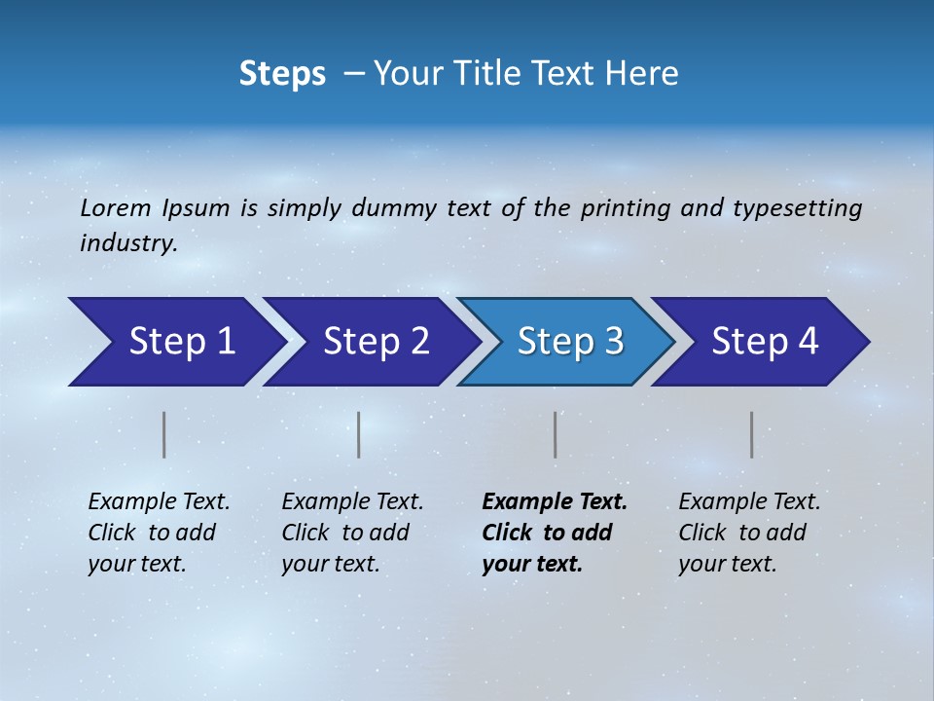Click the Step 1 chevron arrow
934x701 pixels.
[175, 342]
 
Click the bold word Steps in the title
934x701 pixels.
[282, 74]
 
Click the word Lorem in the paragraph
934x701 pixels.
[115, 207]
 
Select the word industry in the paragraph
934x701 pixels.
[126, 243]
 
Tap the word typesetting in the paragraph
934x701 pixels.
[795, 207]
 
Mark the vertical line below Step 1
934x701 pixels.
[164, 434]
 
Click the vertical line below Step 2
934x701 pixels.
[359, 434]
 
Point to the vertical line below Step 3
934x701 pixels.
[556, 434]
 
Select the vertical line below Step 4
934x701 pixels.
[752, 434]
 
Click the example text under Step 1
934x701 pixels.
[159, 533]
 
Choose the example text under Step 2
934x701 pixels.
[352, 533]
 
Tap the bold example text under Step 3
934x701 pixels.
[554, 533]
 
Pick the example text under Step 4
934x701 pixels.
[749, 533]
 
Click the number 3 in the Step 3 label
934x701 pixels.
[613, 342]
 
